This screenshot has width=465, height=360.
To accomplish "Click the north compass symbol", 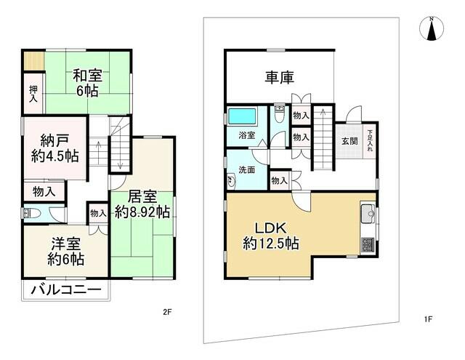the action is coord(432,29).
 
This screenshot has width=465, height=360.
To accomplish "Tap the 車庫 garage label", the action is coord(279,78).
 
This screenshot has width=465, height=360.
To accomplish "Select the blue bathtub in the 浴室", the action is coord(242,116).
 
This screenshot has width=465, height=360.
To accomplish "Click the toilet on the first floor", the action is coord(278,114).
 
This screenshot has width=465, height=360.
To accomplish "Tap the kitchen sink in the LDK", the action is coord(368,214).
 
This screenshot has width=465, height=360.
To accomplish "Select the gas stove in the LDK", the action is coord(368,246).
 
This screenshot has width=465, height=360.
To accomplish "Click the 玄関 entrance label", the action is coord(349,141).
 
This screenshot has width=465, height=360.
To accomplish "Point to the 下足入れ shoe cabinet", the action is coord(370,140).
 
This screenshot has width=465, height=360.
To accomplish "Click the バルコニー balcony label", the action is coord(66,289).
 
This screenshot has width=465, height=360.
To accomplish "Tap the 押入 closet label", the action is coord(33,94).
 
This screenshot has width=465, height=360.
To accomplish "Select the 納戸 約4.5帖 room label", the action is coord(55,148).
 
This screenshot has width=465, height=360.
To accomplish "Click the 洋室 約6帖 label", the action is coord(66,252).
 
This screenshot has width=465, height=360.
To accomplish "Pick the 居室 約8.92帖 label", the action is coord(142,204).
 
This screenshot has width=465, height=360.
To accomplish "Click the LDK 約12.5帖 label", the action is coord(271,236).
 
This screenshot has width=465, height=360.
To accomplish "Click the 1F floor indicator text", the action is coord(428,319).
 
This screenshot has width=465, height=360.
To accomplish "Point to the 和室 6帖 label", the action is coord(87,83).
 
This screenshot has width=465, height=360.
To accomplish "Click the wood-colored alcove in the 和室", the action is coord(34,61).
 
